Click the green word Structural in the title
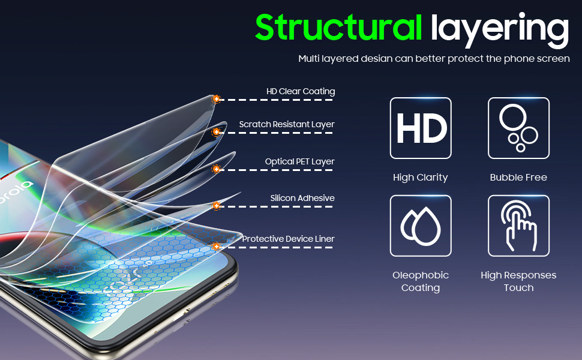pyautogui.click(x=339, y=28)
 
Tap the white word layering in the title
pyautogui.click(x=499, y=29)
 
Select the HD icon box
pyautogui.click(x=421, y=128)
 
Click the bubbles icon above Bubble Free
pyautogui.click(x=518, y=128)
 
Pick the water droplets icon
pyautogui.click(x=421, y=226)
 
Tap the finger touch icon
pyautogui.click(x=518, y=226)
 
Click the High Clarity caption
pyautogui.click(x=421, y=178)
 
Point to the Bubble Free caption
pyautogui.click(x=518, y=178)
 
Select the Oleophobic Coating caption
pyautogui.click(x=421, y=281)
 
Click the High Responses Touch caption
pyautogui.click(x=518, y=281)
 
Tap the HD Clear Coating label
pyautogui.click(x=301, y=92)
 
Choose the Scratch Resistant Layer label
pyautogui.click(x=287, y=125)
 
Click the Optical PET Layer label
pyautogui.click(x=300, y=162)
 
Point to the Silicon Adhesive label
pyautogui.click(x=302, y=199)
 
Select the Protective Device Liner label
pyautogui.click(x=289, y=239)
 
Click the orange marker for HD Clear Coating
pyautogui.click(x=217, y=99)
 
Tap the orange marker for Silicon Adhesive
pyautogui.click(x=217, y=206)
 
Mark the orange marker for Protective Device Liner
pyautogui.click(x=217, y=247)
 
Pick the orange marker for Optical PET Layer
pyautogui.click(x=217, y=169)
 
